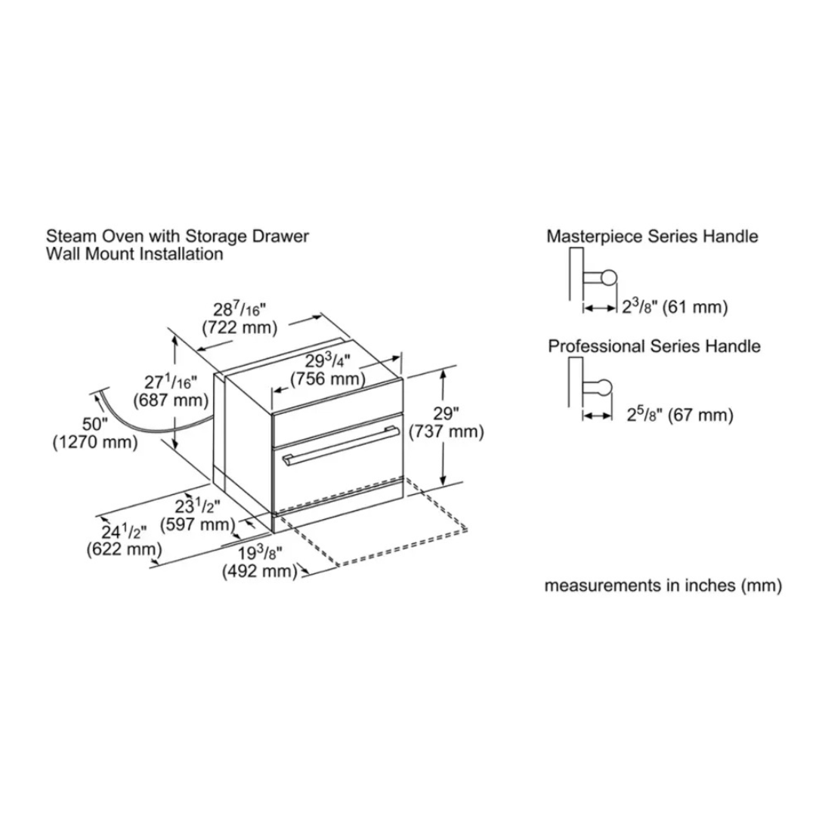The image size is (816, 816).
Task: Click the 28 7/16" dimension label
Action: (240, 309)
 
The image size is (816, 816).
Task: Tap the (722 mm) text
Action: (240, 328)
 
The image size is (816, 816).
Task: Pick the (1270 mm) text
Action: (95, 442)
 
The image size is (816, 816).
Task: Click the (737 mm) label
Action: (445, 431)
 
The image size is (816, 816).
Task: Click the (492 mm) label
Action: (259, 572)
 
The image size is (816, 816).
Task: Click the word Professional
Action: (595, 347)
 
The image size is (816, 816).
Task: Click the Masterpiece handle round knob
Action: (608, 278)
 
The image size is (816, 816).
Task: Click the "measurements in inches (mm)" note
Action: (663, 586)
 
